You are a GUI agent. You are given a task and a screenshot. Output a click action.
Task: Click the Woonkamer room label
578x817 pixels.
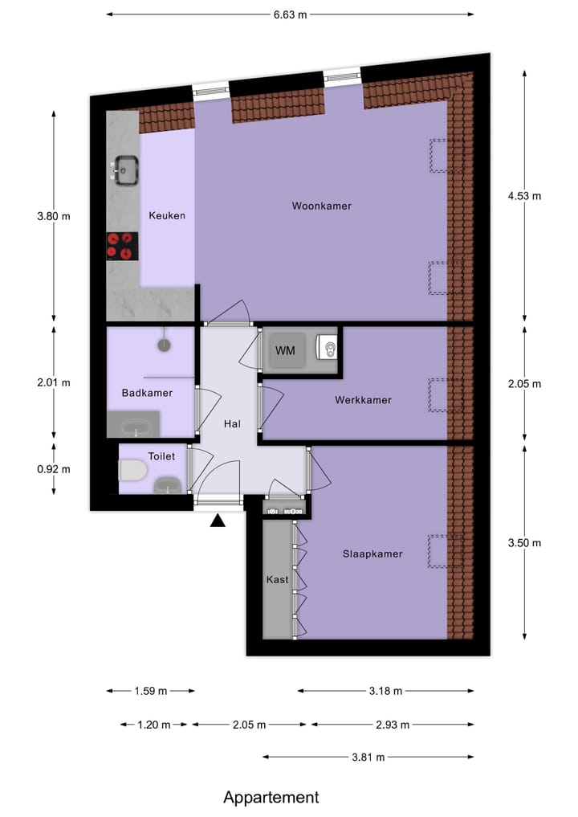point(321,206)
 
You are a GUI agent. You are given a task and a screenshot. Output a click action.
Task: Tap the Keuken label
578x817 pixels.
point(167,215)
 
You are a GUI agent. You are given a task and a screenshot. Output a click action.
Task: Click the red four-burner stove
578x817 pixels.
point(122,246)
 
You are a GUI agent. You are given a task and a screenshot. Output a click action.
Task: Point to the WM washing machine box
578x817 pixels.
point(285,351)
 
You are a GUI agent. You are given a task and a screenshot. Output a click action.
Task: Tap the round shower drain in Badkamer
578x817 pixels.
point(165,345)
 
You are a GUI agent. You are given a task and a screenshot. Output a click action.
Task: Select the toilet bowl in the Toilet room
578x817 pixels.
point(132,471)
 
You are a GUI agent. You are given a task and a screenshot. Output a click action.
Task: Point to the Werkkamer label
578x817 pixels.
point(364,399)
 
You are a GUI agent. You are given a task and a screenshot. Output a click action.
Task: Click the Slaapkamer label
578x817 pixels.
point(372,554)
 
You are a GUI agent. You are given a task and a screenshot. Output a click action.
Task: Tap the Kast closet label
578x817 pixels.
point(277,578)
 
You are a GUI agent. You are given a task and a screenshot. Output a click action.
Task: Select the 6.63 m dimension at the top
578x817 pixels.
point(290,14)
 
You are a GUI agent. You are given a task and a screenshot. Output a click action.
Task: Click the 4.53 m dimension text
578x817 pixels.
point(524,196)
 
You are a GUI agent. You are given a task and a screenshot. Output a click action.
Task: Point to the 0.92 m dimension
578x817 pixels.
point(54,469)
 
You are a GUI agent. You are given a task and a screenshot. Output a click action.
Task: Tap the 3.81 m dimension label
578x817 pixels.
point(368,757)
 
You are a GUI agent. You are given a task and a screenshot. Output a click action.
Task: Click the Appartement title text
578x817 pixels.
point(271,797)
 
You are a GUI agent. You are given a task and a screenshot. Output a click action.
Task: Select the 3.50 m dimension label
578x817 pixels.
point(524,543)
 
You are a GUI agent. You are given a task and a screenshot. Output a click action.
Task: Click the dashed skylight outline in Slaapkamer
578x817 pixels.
point(439,551)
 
